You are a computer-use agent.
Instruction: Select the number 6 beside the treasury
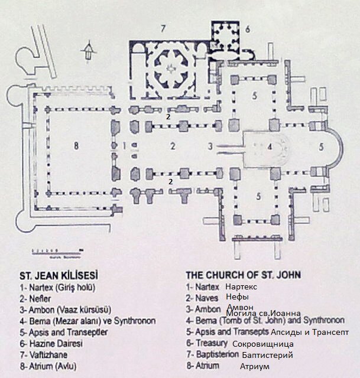[248, 28]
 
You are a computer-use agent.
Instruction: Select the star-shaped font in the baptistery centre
[172, 70]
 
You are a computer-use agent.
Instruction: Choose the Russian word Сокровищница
[263, 344]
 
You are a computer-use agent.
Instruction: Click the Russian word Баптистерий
[267, 355]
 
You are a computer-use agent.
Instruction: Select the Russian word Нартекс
[243, 286]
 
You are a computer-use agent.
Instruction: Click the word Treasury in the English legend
[211, 343]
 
